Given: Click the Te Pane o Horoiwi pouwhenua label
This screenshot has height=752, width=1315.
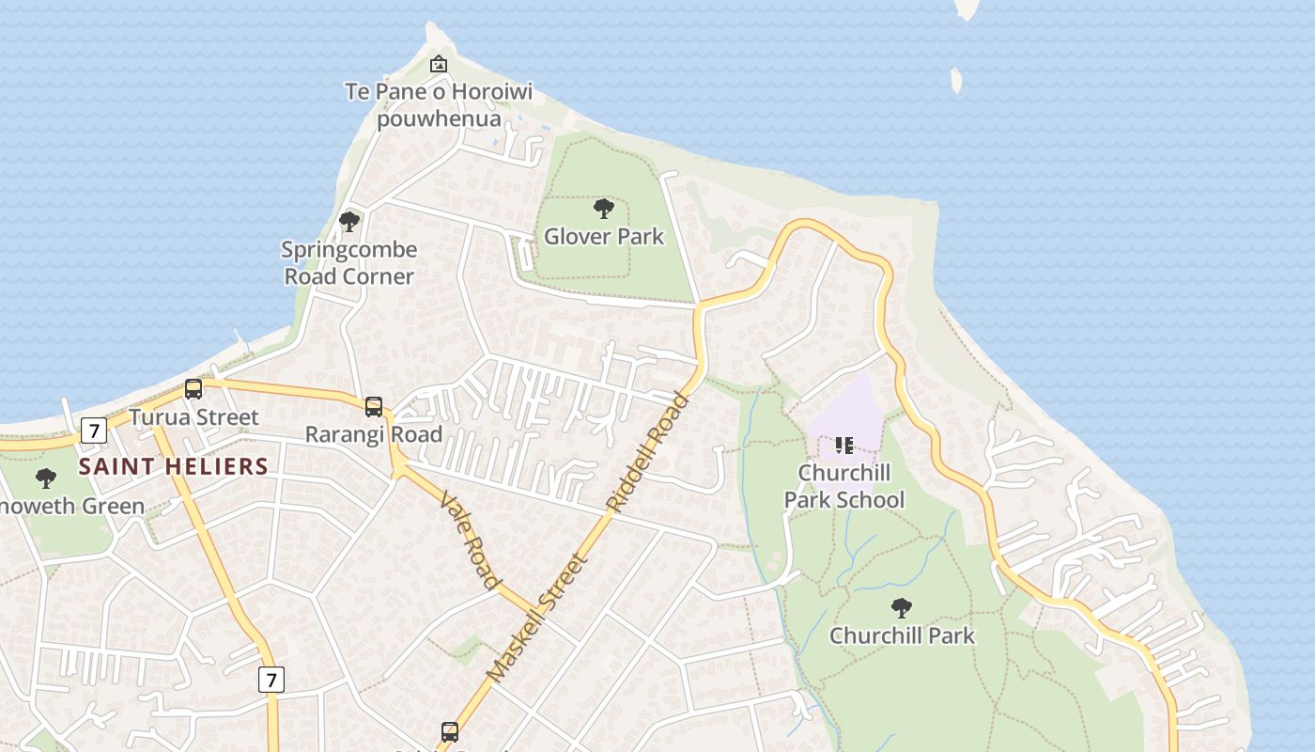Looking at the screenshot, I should (439, 105).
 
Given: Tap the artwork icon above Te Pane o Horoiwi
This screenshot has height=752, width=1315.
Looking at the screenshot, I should (438, 65).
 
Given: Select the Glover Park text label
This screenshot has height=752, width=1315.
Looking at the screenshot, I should (604, 237).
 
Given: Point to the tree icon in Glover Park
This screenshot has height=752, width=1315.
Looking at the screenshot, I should (604, 209).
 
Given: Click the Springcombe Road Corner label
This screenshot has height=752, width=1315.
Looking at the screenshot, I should (349, 263).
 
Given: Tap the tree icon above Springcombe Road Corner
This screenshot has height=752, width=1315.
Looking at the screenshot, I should (349, 222).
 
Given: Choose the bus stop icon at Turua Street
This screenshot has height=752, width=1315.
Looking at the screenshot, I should (193, 388).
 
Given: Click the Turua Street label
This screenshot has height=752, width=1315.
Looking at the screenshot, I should (193, 417).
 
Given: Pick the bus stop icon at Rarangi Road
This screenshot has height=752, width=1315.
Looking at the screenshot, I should (374, 406).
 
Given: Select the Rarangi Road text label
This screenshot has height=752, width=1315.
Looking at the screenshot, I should (374, 434).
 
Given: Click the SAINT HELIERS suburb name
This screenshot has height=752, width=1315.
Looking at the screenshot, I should (174, 466).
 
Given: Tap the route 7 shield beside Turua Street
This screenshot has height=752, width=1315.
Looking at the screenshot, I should (93, 431).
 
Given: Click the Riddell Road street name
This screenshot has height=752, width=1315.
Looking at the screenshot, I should (649, 451).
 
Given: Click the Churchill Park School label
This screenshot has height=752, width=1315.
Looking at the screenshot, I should (844, 486).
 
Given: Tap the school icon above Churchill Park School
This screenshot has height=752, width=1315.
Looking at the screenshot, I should (843, 445).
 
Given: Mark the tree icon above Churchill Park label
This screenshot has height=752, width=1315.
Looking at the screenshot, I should (902, 608).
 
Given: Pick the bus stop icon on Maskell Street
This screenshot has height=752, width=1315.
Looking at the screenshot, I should (450, 731).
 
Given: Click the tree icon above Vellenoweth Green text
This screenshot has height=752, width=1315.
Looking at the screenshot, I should (45, 478).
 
